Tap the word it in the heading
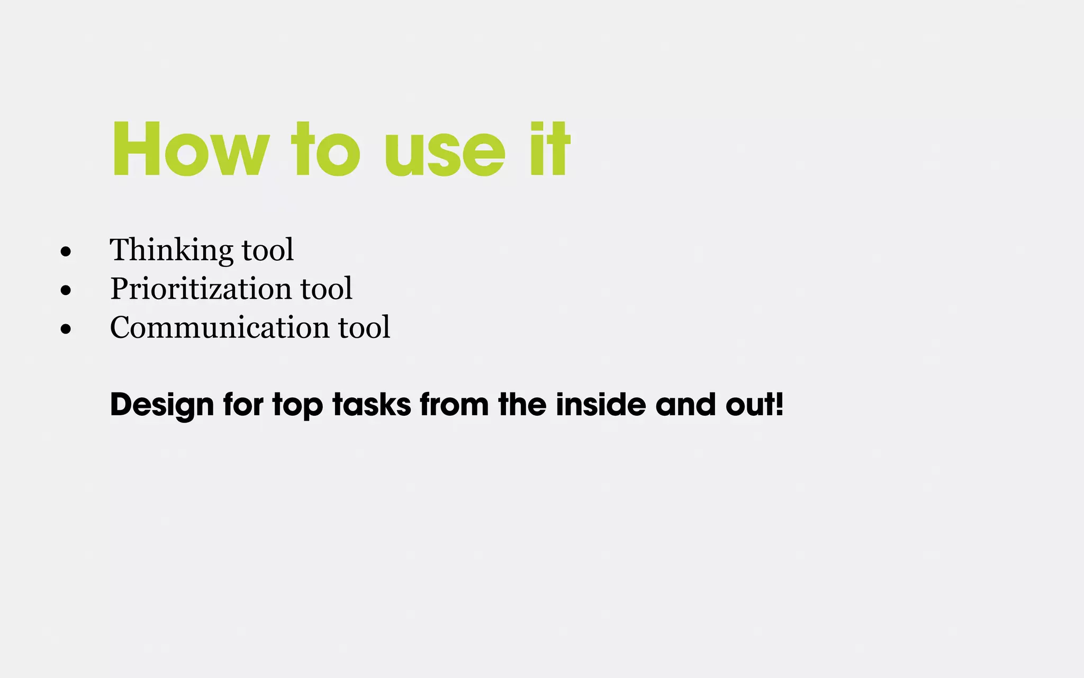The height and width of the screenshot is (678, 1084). [x=550, y=149]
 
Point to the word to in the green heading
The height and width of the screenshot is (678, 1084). [x=326, y=149]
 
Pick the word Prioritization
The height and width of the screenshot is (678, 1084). [x=201, y=289]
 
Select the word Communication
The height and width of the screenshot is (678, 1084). [x=219, y=327]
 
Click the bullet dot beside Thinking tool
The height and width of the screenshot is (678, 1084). [x=66, y=252]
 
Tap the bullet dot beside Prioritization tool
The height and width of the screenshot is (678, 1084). [x=66, y=290]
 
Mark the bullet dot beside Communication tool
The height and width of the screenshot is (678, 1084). [x=66, y=329]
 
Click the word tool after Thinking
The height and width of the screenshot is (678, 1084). [x=267, y=250]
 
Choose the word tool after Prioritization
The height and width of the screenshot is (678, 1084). [x=326, y=289]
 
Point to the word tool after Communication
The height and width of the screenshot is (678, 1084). [x=364, y=327]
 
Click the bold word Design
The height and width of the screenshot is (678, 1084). [x=162, y=405]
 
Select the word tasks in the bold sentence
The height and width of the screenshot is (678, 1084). [x=372, y=405]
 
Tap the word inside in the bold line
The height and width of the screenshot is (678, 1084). [x=601, y=405]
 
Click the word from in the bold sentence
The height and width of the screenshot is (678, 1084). [x=454, y=405]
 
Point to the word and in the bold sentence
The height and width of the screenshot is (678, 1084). [x=686, y=405]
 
